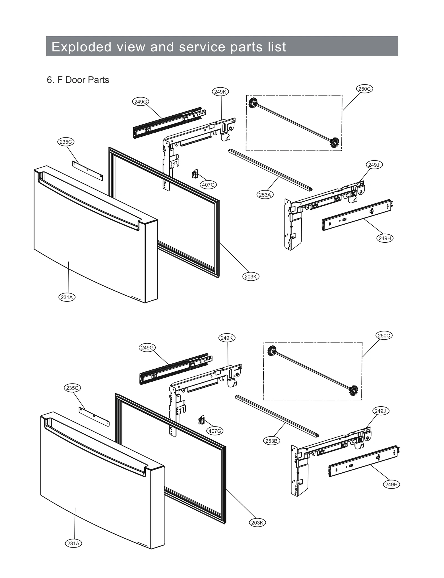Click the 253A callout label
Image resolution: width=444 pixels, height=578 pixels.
[264, 195]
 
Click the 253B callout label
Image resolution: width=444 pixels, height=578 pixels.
[271, 441]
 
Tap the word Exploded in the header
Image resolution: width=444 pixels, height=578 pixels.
[81, 47]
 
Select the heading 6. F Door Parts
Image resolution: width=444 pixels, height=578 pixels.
[78, 80]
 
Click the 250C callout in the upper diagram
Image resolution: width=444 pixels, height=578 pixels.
[364, 89]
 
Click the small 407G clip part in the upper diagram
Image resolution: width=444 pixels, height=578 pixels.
[195, 174]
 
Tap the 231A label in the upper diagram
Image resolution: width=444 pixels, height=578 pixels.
[67, 297]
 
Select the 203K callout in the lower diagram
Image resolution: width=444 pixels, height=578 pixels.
[257, 523]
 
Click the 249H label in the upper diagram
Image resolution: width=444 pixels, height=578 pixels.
[385, 238]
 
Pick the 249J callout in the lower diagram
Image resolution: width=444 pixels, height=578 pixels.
[380, 411]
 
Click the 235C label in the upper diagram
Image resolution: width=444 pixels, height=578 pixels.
[66, 142]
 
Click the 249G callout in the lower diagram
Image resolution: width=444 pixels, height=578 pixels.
[147, 348]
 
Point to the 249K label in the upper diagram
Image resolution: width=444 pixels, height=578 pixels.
[220, 92]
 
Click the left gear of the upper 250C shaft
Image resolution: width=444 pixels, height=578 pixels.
[253, 103]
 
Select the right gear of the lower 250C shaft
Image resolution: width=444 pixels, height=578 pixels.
[353, 390]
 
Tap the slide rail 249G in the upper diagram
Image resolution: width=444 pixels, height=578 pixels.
[168, 123]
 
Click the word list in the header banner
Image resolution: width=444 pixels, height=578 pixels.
[277, 47]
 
